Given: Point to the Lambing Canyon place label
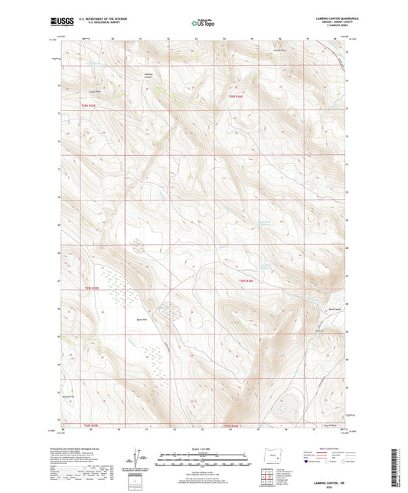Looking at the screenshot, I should pyautogui.click(x=148, y=75).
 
